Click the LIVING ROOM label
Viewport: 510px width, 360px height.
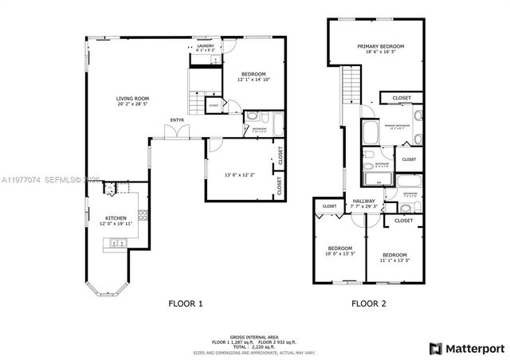(x=133, y=99)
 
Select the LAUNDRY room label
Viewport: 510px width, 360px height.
(x=206, y=46)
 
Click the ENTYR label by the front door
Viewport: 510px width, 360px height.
(x=177, y=121)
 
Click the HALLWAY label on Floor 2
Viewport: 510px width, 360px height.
(x=364, y=201)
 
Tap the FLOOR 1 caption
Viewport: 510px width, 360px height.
(x=185, y=303)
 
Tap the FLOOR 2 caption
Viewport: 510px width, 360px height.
(x=371, y=303)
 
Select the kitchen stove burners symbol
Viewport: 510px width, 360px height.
(x=143, y=214)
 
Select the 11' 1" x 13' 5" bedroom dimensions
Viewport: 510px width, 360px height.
(x=394, y=260)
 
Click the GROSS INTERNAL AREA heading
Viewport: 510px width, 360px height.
(x=253, y=338)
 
